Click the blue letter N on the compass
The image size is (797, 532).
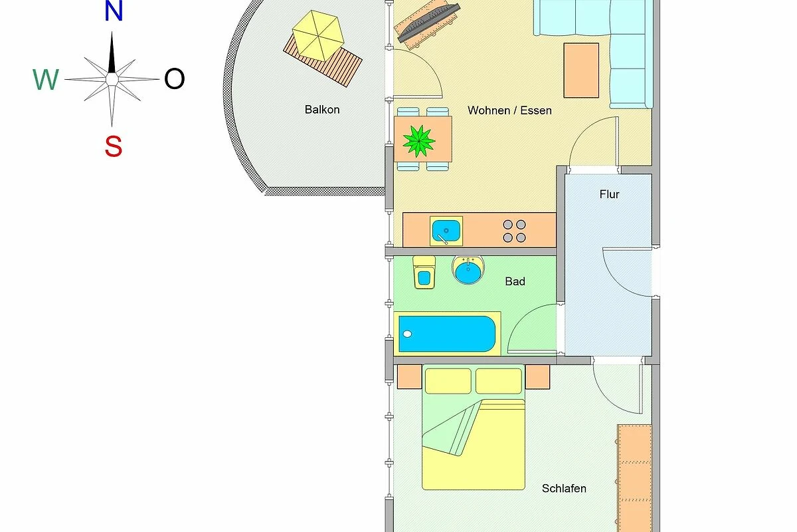point(114,11)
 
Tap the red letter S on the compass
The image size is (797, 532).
point(114,146)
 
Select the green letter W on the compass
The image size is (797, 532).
point(46,79)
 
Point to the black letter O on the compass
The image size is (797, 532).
point(174,78)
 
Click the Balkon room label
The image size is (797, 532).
point(322,110)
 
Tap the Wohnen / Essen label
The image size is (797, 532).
point(509,110)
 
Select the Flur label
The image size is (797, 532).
point(609,194)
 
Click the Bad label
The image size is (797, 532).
point(515,281)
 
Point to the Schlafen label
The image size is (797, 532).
point(564,488)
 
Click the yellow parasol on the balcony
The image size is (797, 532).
point(318,36)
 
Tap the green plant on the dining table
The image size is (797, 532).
point(419,141)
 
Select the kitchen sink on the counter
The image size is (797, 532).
point(446,231)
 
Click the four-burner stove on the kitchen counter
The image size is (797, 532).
point(514,231)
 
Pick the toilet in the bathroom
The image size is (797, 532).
point(424,272)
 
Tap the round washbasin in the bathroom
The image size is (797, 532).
point(468,270)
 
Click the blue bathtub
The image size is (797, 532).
point(447,334)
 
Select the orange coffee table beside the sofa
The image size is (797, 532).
point(581,70)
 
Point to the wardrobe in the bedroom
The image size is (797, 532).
point(634,478)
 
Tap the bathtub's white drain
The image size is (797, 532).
point(407,334)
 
